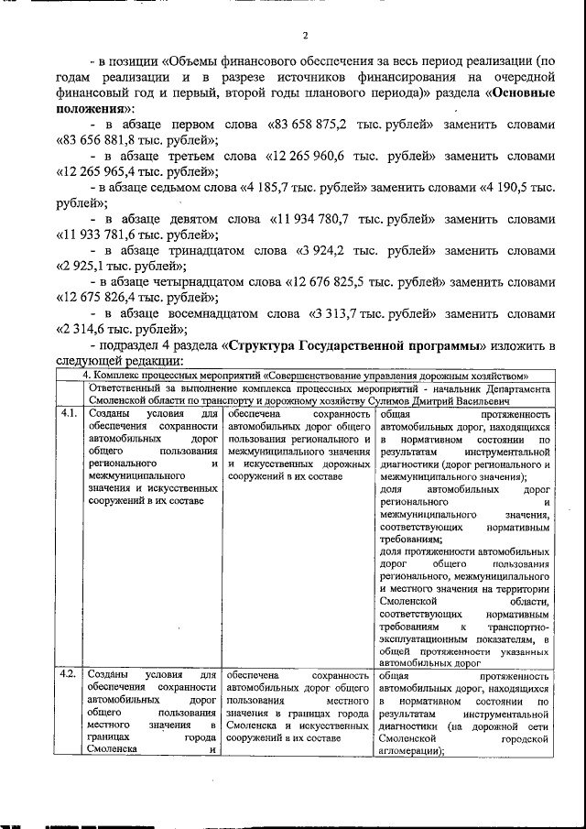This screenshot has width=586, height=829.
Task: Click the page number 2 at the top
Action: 305,37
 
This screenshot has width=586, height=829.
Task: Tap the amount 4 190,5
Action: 512,187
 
